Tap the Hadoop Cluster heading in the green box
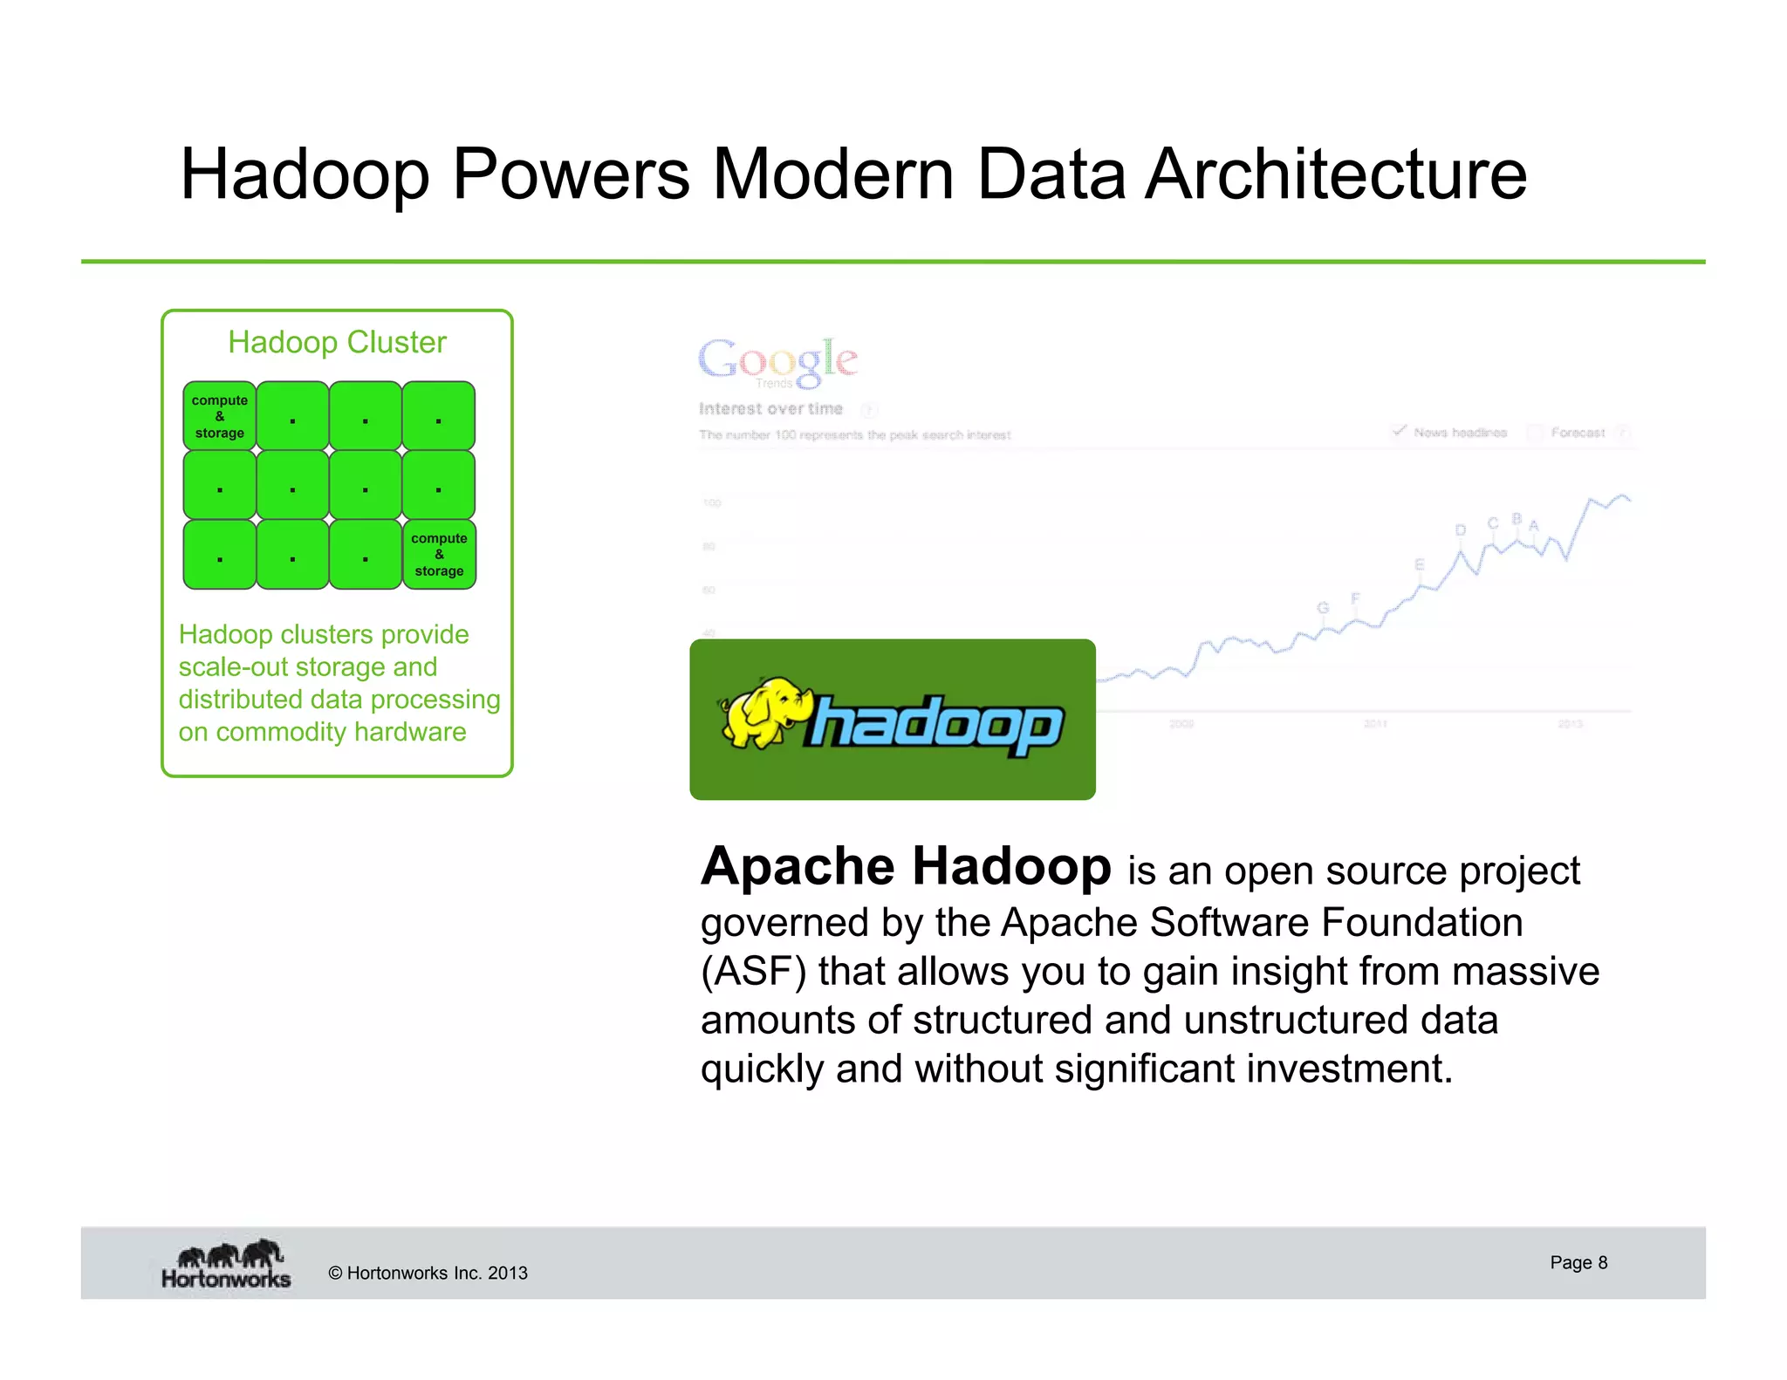337,342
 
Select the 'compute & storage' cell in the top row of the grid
220,416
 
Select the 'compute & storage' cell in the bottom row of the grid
439,555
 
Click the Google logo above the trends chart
777,360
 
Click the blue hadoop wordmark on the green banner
937,724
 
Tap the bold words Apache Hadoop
906,867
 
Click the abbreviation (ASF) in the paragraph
753,972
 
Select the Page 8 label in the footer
1578,1262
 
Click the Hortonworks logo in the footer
226,1264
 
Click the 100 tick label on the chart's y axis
712,503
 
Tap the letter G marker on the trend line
1322,608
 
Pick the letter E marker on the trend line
1420,565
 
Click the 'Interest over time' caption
770,408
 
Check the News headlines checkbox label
1459,433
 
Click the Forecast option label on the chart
1577,433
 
